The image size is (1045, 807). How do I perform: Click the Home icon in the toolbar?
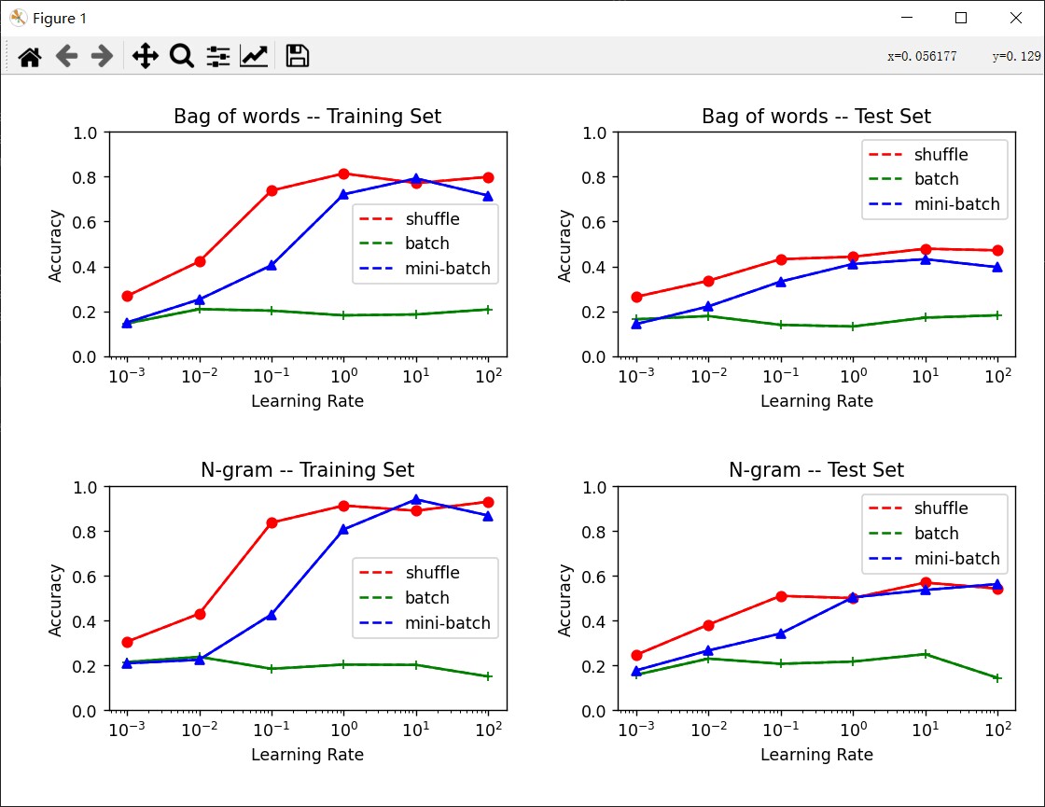point(30,57)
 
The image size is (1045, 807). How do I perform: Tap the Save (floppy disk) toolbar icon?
point(297,57)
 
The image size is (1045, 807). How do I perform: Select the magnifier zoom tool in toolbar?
point(181,57)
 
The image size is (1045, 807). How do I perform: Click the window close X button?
point(1016,18)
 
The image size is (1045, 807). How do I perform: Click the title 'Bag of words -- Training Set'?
point(307,117)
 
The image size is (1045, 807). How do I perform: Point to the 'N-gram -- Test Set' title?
point(815,470)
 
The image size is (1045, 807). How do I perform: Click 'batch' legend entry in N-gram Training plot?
point(427,598)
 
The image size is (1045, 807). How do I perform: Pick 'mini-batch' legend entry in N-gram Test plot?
point(956,559)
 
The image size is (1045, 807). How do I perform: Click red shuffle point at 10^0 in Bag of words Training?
point(343,174)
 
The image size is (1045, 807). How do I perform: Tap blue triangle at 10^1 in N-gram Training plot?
point(416,500)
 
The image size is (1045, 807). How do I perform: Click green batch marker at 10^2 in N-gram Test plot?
point(997,678)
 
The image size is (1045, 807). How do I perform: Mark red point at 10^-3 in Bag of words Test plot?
point(636,298)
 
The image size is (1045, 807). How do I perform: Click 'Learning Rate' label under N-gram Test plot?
point(816,755)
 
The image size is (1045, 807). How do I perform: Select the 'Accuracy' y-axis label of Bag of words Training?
point(56,244)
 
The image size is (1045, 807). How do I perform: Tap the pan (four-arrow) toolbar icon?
point(145,57)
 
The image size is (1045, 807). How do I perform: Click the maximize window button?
point(961,18)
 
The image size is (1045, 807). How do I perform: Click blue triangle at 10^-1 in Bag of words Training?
point(272,265)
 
